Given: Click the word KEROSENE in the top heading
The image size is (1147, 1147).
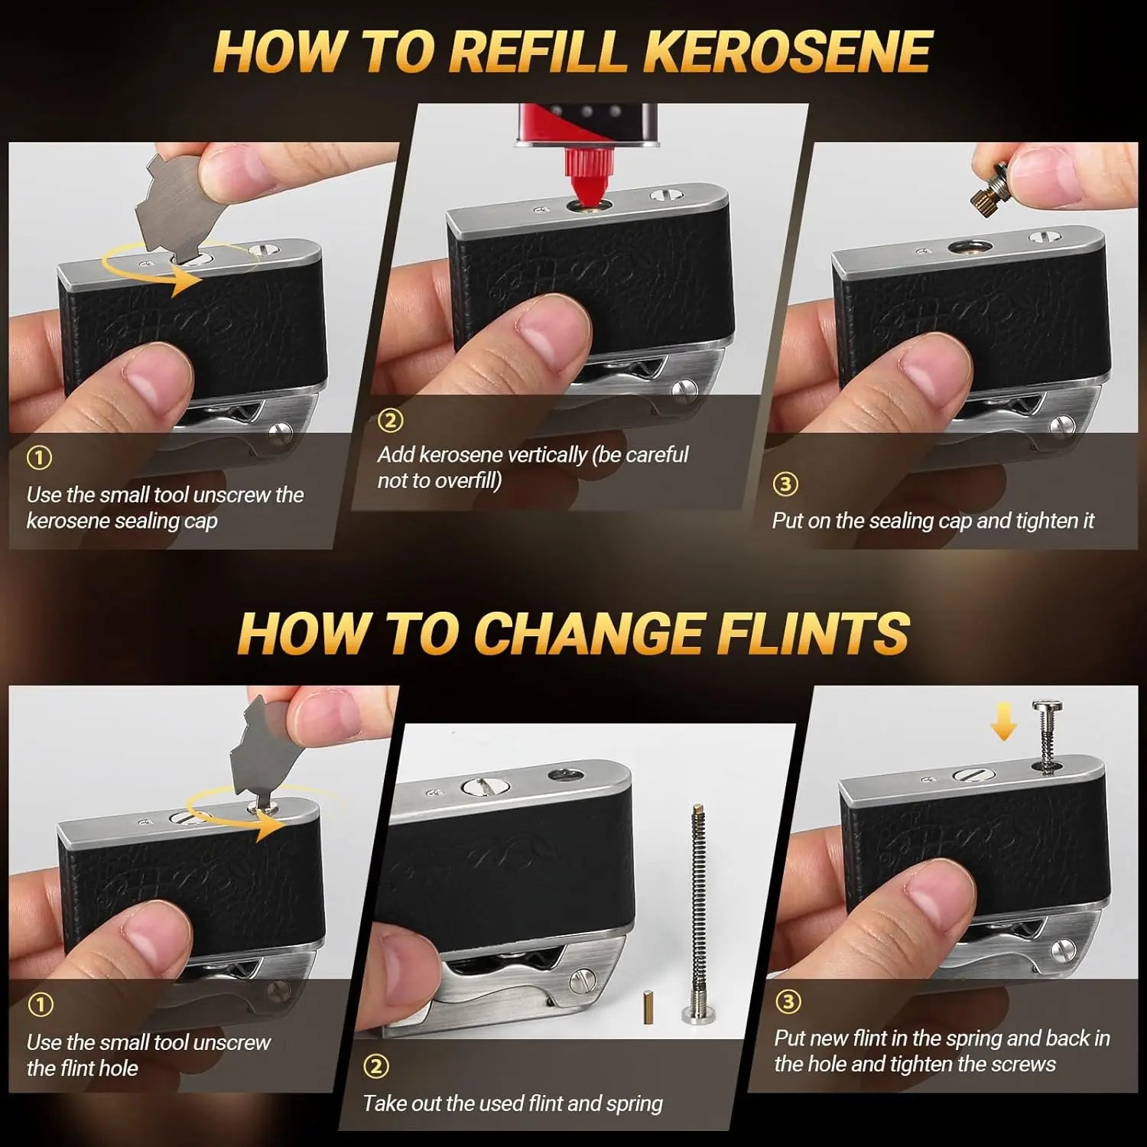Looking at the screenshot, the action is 788,52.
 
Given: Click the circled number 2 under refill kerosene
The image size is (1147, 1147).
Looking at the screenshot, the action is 391,420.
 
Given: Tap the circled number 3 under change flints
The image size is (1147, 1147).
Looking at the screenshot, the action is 788,1001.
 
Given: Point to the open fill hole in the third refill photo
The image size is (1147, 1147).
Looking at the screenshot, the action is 970,247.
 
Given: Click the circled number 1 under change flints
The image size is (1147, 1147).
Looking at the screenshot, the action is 40,1004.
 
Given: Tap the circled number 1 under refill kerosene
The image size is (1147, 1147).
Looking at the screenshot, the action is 39,457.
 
